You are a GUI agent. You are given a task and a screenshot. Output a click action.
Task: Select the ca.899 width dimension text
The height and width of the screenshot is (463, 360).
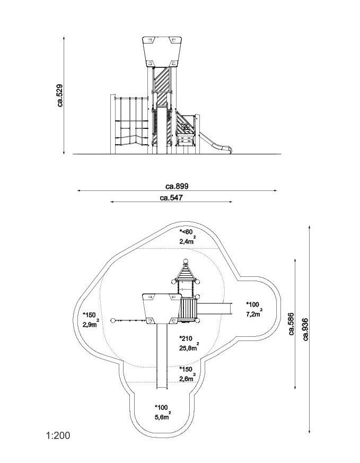tap(177, 186)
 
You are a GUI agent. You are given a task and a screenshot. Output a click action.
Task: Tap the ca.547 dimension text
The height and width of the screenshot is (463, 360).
tap(172, 198)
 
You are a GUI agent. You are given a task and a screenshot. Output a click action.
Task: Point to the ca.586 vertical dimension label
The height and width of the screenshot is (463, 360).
tap(291, 323)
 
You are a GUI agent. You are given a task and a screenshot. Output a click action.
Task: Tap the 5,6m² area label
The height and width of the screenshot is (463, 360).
tap(163, 417)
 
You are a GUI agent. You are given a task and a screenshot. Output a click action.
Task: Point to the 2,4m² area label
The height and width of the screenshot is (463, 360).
tap(188, 241)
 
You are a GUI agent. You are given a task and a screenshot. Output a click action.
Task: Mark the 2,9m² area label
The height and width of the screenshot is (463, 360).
tap(90, 324)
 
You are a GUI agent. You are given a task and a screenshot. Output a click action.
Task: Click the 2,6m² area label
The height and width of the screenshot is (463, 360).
tap(188, 378)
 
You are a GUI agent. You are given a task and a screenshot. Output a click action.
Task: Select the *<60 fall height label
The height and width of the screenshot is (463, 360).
tap(187, 232)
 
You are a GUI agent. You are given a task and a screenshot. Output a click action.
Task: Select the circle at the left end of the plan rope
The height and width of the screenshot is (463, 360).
tap(113, 320)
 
